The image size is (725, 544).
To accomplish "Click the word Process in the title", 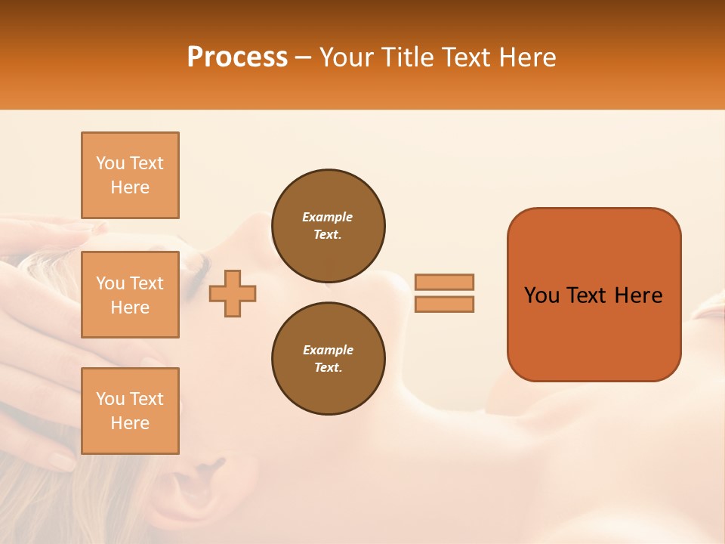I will click(x=237, y=57).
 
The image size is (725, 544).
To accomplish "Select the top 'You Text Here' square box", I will click(x=130, y=175).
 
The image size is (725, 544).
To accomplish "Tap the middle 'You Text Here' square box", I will click(x=130, y=295).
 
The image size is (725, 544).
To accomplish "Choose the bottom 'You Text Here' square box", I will click(x=130, y=411).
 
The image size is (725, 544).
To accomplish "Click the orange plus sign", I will click(x=233, y=292).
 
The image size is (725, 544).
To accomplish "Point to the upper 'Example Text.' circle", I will click(x=328, y=226).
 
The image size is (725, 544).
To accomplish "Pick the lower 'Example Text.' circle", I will click(x=328, y=359).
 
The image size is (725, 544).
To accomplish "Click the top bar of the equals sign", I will click(x=444, y=282).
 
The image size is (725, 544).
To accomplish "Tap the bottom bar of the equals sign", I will click(x=444, y=304).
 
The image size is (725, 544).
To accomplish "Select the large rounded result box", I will click(x=594, y=295).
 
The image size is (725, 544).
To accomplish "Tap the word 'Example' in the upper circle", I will click(x=328, y=217).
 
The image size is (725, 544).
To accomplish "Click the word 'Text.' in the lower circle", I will click(x=328, y=368).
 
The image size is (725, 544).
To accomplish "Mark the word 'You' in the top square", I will click(x=110, y=163).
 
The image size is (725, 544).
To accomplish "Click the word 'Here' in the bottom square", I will click(x=130, y=423).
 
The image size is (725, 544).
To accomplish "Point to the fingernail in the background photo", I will click(x=61, y=460).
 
